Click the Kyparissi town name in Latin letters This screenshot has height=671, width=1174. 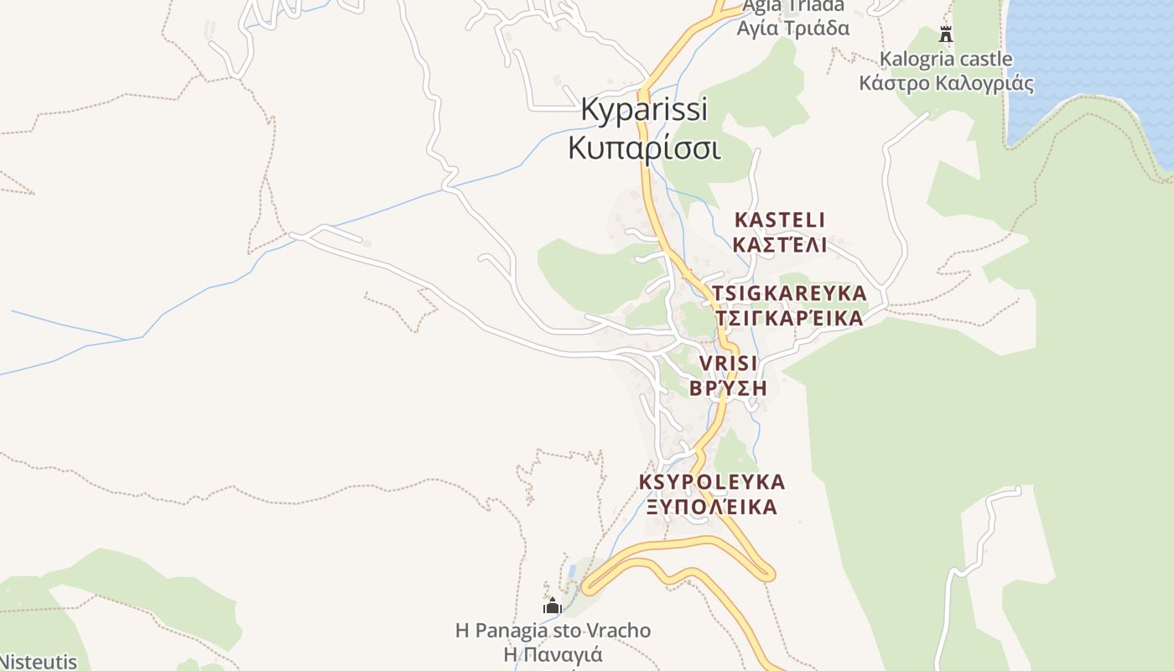pyautogui.click(x=644, y=110)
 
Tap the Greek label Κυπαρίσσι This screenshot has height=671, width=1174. pyautogui.click(x=644, y=148)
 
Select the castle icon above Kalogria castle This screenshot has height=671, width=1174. pyautogui.click(x=946, y=34)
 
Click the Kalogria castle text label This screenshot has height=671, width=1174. pyautogui.click(x=945, y=60)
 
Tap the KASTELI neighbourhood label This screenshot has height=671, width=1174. pyautogui.click(x=779, y=220)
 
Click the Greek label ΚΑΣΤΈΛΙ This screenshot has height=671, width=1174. pyautogui.click(x=779, y=245)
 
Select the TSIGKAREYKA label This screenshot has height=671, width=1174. pyautogui.click(x=789, y=294)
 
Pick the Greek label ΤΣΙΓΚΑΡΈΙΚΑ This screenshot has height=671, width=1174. pyautogui.click(x=789, y=319)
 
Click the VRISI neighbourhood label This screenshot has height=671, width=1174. pyautogui.click(x=728, y=363)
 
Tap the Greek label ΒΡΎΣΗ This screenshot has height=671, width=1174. pyautogui.click(x=728, y=388)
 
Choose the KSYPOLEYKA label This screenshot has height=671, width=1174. pyautogui.click(x=712, y=482)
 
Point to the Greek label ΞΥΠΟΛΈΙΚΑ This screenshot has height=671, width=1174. pyautogui.click(x=712, y=507)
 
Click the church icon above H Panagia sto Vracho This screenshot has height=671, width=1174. pyautogui.click(x=553, y=606)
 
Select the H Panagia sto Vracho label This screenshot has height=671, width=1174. pyautogui.click(x=553, y=630)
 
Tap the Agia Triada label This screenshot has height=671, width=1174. pyautogui.click(x=792, y=7)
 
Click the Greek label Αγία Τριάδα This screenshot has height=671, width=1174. pyautogui.click(x=792, y=29)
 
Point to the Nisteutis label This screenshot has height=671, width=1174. pyautogui.click(x=38, y=662)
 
